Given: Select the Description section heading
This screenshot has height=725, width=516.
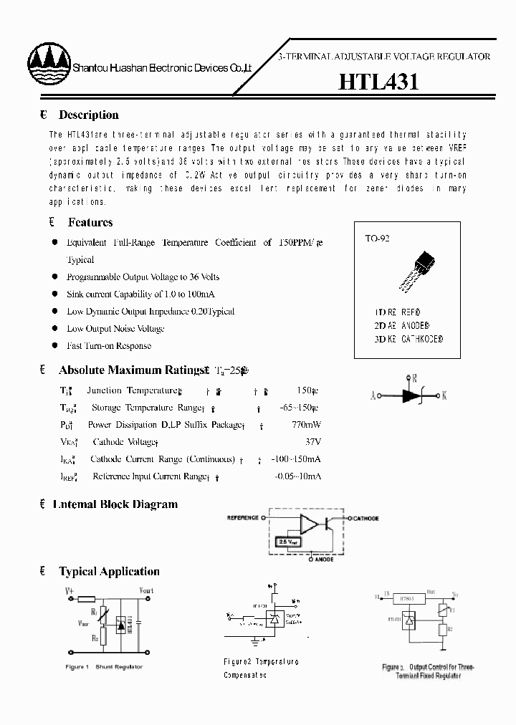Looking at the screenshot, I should (88, 115).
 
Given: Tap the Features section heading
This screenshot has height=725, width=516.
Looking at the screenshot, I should (90, 222).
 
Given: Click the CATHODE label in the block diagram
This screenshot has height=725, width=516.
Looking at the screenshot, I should (365, 518).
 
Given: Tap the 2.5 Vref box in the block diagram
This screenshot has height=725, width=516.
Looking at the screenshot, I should (287, 543).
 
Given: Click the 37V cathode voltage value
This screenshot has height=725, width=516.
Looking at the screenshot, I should (312, 442).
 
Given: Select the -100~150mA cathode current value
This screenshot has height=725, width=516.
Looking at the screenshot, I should (298, 459).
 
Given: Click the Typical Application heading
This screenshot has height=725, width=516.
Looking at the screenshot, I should (109, 572).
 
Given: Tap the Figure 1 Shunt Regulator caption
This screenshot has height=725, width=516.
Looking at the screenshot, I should (104, 667).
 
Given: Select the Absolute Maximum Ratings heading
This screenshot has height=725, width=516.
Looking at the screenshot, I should (131, 370).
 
